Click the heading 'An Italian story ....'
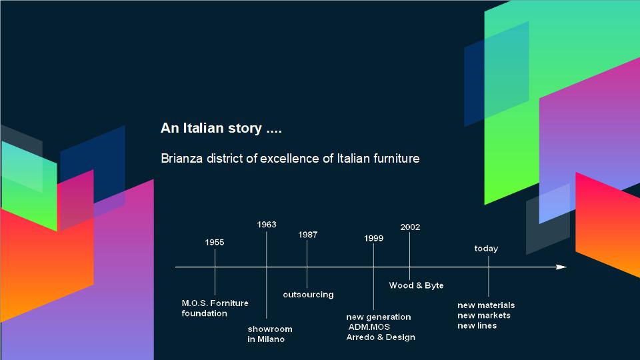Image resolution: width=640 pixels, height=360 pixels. pyautogui.click(x=221, y=128)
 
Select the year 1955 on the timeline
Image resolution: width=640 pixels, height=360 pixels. pyautogui.click(x=215, y=243)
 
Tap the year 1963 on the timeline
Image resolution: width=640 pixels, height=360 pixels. pyautogui.click(x=267, y=225)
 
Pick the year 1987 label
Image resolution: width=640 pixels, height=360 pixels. pyautogui.click(x=308, y=235)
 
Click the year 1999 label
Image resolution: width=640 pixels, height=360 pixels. pyautogui.click(x=373, y=239)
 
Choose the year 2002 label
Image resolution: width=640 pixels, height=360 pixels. pyautogui.click(x=410, y=227)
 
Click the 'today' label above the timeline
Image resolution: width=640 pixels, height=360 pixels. pyautogui.click(x=486, y=249)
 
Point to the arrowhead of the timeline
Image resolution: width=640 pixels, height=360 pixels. pyautogui.click(x=561, y=267)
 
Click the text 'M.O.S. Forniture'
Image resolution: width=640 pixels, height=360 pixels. pyautogui.click(x=215, y=303)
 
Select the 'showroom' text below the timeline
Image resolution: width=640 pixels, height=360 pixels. pyautogui.click(x=270, y=329)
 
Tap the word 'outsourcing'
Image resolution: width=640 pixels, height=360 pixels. pyautogui.click(x=308, y=295)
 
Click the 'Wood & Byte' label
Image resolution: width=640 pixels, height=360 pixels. pyautogui.click(x=416, y=286)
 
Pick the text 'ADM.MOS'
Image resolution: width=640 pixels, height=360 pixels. pyautogui.click(x=369, y=327)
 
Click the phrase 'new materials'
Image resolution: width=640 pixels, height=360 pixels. pyautogui.click(x=486, y=305)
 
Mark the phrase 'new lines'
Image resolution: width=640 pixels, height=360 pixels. pyautogui.click(x=477, y=326)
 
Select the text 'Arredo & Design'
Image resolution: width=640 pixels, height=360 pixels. pyautogui.click(x=381, y=337)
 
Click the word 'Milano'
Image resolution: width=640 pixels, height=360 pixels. pyautogui.click(x=271, y=339)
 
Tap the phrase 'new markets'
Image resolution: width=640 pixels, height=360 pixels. pyautogui.click(x=484, y=315)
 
